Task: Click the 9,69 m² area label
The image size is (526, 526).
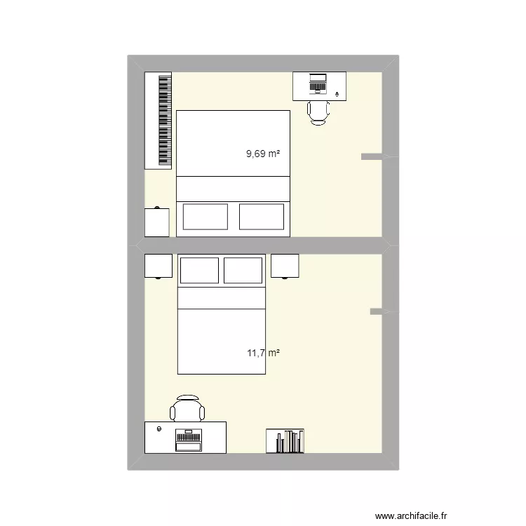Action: (263, 152)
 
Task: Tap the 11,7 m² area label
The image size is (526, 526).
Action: (263, 353)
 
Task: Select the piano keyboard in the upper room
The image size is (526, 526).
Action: (159, 120)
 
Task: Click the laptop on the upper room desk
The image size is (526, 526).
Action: (318, 83)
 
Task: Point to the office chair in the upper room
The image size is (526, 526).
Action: (319, 112)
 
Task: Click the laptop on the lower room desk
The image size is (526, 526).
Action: (188, 440)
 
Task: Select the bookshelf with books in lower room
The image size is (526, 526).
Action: (285, 440)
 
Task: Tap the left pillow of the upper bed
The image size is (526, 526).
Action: (205, 217)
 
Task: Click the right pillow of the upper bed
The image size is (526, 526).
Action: (262, 217)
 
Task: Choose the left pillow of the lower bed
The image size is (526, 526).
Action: (200, 271)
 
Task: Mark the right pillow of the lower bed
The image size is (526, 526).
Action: (243, 271)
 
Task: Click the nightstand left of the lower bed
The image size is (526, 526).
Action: (159, 266)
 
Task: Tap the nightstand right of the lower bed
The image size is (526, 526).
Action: (285, 266)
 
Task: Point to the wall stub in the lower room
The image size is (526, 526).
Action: (377, 311)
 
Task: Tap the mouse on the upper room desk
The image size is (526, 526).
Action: (339, 93)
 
